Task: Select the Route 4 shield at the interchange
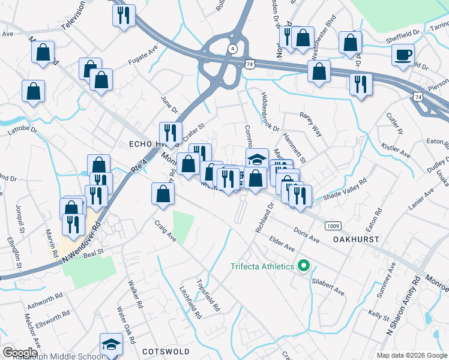click(231, 49)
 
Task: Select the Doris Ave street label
click(306, 235)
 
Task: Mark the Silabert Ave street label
click(328, 286)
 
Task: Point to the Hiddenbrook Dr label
click(270, 112)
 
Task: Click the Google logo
click(20, 353)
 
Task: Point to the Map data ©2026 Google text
click(410, 355)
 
